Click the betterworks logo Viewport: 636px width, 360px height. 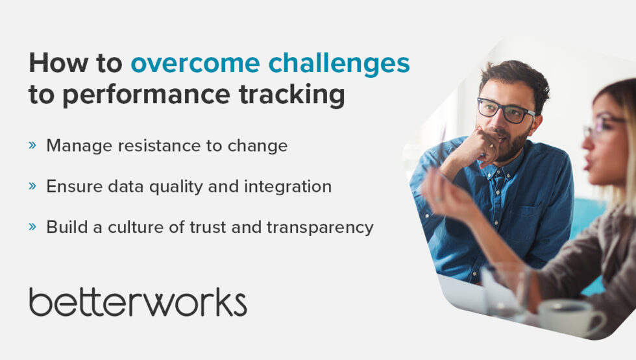coord(138,302)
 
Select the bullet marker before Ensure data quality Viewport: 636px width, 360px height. coord(32,186)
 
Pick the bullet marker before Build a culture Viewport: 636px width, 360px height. coord(32,227)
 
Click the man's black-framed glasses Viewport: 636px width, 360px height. coord(506,111)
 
